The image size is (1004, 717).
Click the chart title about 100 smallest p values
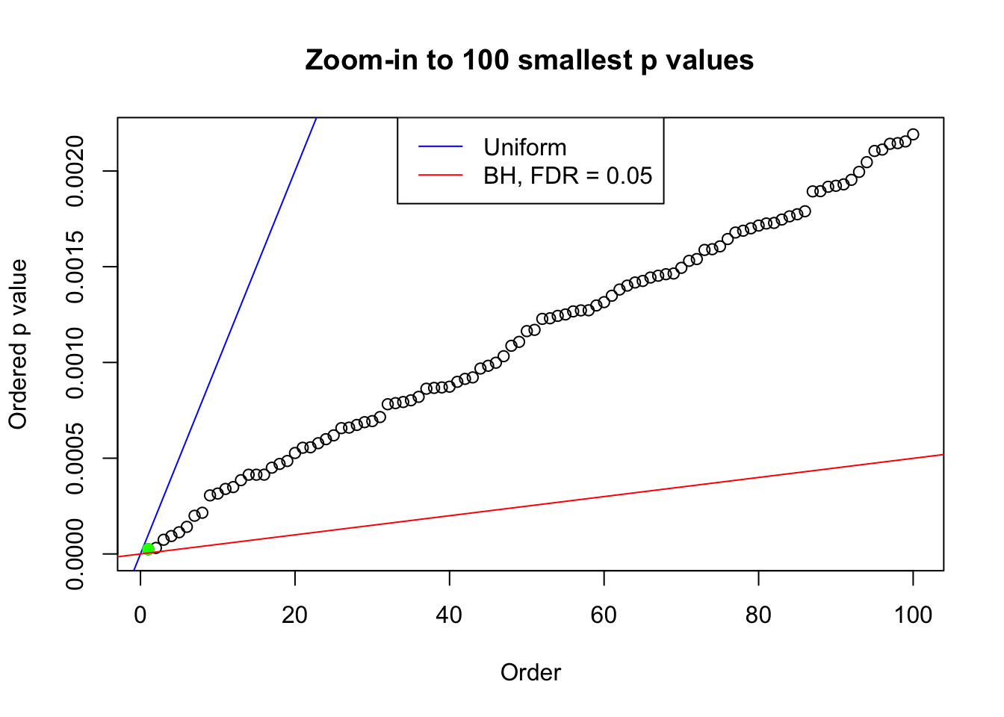[x=529, y=60]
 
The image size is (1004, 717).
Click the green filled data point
[x=148, y=549]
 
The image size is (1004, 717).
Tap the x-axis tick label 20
[x=295, y=615]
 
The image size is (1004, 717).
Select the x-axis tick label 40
[x=450, y=615]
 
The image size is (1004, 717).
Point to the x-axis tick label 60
[x=604, y=615]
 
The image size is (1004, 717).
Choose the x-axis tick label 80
[x=758, y=615]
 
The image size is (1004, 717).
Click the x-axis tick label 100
[x=913, y=615]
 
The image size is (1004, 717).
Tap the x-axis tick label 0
[x=140, y=615]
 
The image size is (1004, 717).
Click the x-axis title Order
[x=530, y=672]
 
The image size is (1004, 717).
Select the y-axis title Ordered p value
[x=18, y=344]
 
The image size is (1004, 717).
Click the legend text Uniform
[x=525, y=147]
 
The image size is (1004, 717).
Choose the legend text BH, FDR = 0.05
[x=568, y=176]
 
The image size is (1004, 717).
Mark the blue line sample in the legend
[x=441, y=147]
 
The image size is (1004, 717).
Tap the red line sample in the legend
[x=441, y=176]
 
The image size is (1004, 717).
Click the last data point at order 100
[x=913, y=134]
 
